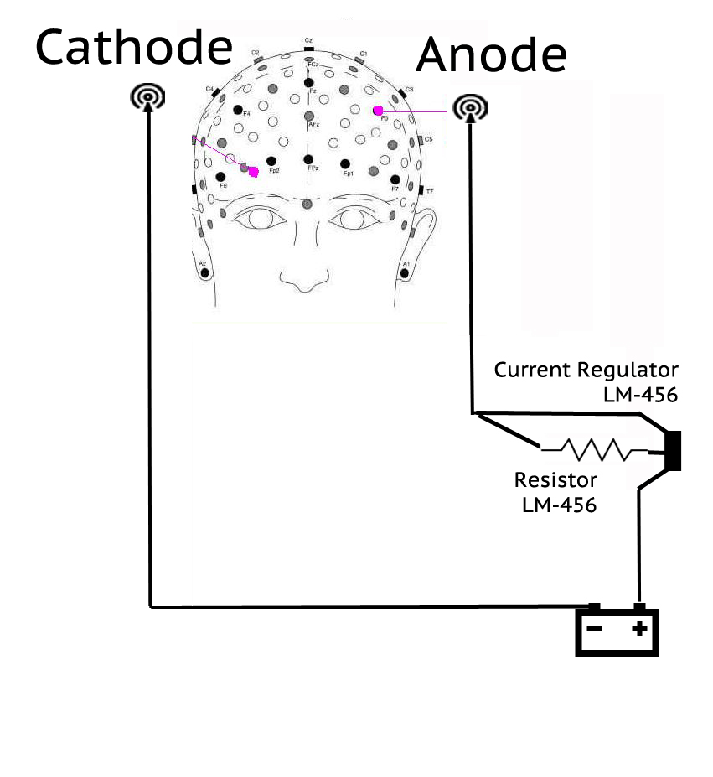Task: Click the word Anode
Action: pos(491,54)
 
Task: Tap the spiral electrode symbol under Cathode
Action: pos(147,98)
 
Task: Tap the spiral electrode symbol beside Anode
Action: pos(469,107)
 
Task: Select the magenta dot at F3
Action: pos(378,110)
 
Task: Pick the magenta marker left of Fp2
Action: pos(253,171)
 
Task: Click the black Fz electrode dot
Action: pos(309,81)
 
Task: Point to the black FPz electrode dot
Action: pos(309,159)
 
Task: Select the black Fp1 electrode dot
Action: pos(345,163)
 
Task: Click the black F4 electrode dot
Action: pos(238,110)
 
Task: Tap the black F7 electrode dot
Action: pos(395,179)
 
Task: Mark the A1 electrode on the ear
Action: pos(405,272)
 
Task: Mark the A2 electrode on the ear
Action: pos(204,272)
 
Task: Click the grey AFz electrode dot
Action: pos(309,116)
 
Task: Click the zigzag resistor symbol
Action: pos(597,450)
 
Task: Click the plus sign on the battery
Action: pos(640,628)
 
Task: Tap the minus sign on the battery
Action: pos(594,629)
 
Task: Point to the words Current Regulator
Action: pos(586,370)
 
